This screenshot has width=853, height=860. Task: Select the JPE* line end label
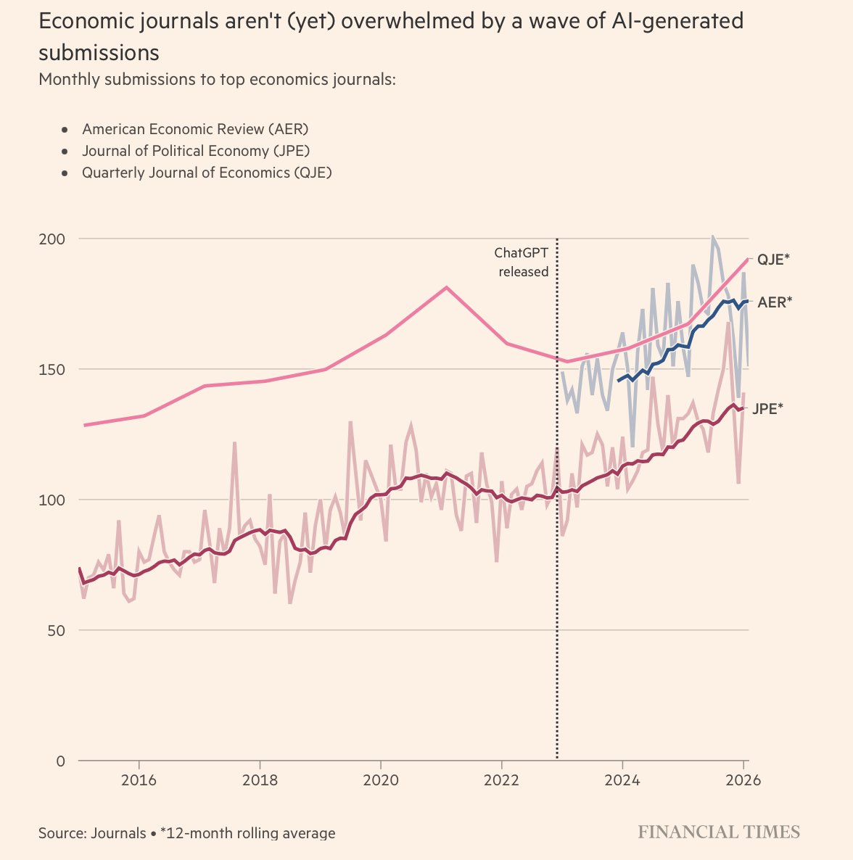(x=768, y=408)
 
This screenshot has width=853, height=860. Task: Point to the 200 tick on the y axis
(x=51, y=239)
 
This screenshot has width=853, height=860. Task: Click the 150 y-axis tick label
(x=51, y=370)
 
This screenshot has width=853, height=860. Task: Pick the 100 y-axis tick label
(x=51, y=500)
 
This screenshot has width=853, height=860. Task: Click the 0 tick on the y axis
(x=61, y=761)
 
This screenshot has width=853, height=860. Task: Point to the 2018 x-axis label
(x=260, y=781)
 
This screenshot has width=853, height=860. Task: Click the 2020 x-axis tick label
(x=380, y=781)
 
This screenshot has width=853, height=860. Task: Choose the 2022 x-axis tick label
(x=501, y=781)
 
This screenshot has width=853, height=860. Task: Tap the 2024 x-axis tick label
(x=622, y=781)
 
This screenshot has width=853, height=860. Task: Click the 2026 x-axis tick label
(x=743, y=781)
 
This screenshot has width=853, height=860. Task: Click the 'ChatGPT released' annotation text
(x=522, y=262)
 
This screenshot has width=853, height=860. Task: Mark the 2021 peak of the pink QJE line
(x=446, y=287)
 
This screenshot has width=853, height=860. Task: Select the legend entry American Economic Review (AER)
(x=195, y=129)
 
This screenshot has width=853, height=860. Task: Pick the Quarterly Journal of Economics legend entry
(x=207, y=173)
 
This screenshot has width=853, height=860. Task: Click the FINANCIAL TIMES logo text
(x=719, y=832)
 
